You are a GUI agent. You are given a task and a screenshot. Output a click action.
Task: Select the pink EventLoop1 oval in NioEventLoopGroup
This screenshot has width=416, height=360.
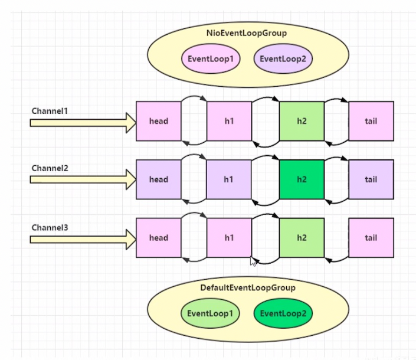210,58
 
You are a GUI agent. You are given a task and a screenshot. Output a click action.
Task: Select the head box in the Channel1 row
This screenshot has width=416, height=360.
158,121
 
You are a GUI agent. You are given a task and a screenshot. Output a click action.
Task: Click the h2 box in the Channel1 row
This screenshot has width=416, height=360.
302,121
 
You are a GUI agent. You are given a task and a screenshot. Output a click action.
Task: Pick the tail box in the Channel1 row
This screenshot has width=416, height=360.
371,121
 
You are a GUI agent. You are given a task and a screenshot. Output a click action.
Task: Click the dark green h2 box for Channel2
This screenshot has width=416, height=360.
302,179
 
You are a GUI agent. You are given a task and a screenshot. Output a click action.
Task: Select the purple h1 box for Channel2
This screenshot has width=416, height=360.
229,179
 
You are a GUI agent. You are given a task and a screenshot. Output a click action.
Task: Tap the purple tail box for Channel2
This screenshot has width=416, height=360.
371,179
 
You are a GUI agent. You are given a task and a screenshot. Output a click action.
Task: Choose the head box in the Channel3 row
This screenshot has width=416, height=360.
158,238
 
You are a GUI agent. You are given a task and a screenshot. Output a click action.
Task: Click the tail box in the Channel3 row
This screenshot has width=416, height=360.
371,238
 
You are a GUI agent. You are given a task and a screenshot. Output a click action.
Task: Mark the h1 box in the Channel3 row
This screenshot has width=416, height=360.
229,238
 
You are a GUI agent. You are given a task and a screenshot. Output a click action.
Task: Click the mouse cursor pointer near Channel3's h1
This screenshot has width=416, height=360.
253,261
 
